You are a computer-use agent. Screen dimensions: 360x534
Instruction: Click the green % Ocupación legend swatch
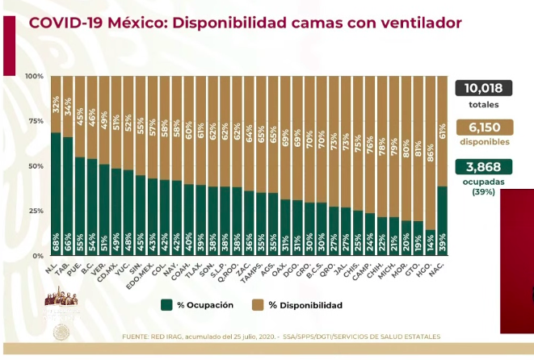point(166,305)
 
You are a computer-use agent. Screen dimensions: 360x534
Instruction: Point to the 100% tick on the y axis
point(34,77)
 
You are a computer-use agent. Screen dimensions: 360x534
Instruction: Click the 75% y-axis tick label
point(36,121)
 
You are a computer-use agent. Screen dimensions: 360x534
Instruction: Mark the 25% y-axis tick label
point(36,211)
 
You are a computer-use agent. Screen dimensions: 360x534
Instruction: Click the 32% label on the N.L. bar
point(56,104)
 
